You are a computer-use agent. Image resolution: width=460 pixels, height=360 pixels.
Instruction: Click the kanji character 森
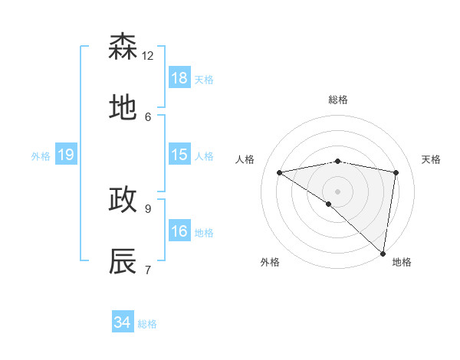123,47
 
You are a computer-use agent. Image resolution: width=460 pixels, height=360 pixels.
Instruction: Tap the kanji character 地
123,109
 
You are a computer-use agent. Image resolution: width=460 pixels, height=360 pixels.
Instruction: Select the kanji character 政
123,200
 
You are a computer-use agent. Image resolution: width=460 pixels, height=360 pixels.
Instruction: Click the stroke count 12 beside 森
148,55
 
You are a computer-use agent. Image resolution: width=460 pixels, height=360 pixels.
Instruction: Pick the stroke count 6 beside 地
148,116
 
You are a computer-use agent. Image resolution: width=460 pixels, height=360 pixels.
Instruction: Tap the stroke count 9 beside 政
148,208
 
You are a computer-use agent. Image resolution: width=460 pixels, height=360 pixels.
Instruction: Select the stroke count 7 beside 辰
148,269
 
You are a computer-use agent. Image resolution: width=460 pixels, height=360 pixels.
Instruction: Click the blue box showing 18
179,78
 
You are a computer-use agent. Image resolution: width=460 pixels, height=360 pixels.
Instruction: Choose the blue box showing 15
179,155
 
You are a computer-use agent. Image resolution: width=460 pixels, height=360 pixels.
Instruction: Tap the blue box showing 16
179,231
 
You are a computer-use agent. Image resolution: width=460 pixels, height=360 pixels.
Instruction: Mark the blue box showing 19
66,155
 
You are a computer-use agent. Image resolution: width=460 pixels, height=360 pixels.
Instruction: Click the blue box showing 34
123,322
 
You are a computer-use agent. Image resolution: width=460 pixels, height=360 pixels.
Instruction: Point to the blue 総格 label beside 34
147,324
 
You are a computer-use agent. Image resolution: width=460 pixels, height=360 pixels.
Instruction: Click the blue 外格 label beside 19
41,156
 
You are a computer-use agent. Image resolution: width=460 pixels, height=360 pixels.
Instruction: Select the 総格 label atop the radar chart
338,100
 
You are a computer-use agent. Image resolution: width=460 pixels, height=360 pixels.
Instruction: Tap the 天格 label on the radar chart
432,159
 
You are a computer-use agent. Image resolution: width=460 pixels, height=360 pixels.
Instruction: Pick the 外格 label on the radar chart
270,262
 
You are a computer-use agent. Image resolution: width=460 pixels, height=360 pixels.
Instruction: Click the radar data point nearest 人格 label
280,172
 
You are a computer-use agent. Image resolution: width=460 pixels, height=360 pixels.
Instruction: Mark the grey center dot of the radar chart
338,191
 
